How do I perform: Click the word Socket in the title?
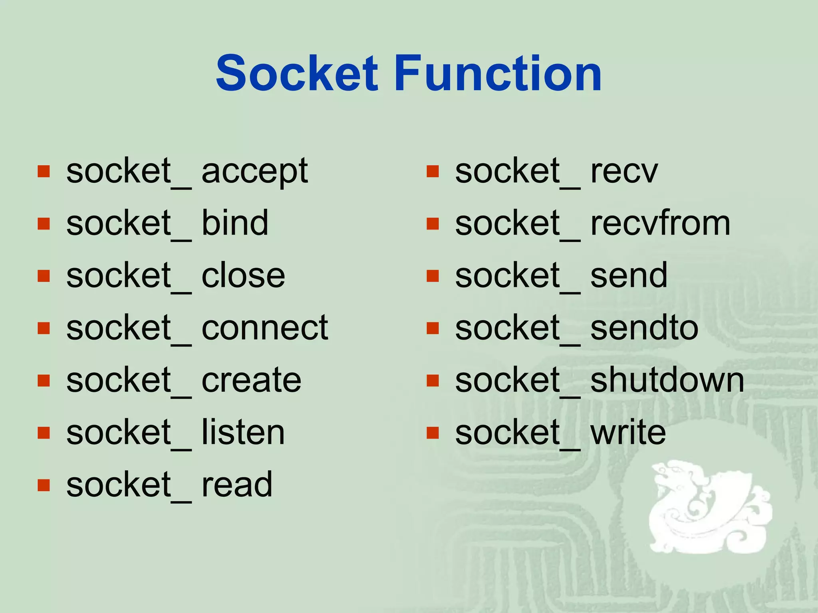[x=296, y=74]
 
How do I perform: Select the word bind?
[x=235, y=223]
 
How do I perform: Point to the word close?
[x=243, y=276]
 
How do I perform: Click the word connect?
[x=264, y=328]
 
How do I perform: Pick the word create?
[x=251, y=380]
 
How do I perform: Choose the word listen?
[x=243, y=433]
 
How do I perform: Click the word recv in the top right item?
[x=624, y=172]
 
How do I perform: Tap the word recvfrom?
[x=660, y=223]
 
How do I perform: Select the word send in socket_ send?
[x=629, y=276]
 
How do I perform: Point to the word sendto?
[x=644, y=328]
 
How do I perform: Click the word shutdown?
[x=667, y=380]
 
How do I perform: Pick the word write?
[x=628, y=433]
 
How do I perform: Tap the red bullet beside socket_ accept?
[x=44, y=172]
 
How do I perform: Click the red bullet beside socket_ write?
[x=433, y=433]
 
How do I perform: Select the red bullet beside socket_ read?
[x=44, y=485]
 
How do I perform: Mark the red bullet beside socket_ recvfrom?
[x=433, y=223]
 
